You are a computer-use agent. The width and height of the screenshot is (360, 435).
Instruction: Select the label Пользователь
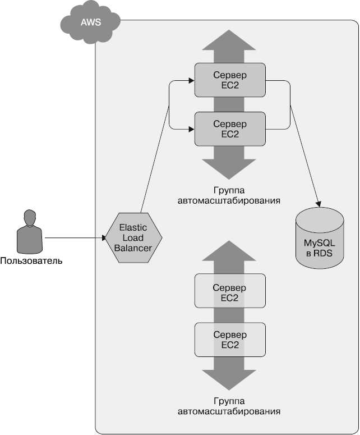click(31, 261)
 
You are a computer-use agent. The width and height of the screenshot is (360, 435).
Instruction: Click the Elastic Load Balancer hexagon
click(134, 237)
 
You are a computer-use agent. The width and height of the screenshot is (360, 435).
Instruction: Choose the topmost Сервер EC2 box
click(230, 80)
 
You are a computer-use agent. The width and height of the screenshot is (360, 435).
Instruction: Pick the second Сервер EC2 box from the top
click(230, 128)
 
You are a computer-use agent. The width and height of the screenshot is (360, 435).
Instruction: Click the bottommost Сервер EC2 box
click(230, 340)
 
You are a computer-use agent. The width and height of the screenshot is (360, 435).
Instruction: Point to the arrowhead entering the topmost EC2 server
click(191, 81)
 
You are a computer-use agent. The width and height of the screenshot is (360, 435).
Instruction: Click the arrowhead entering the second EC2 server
click(191, 129)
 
